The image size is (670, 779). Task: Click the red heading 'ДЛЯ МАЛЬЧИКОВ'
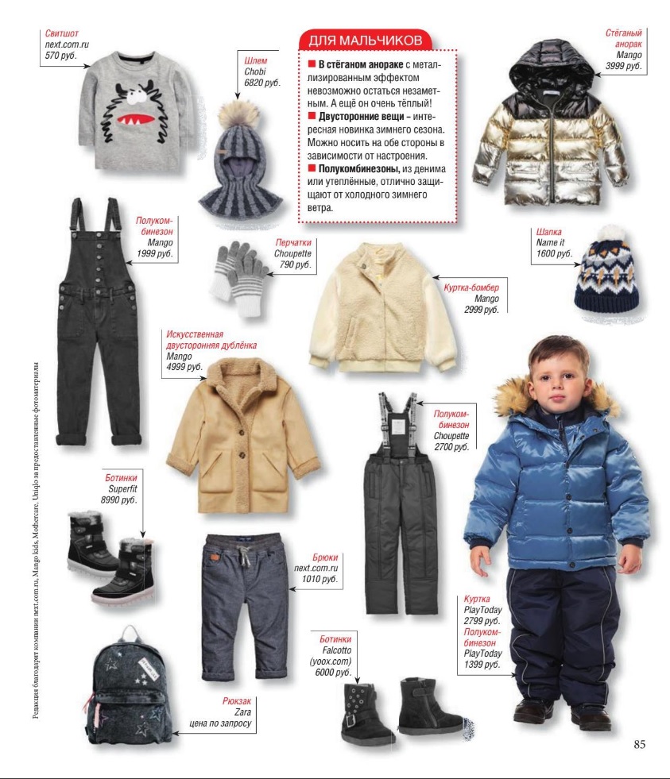click(365, 40)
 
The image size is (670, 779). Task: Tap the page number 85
click(642, 744)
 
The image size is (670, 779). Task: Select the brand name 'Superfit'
click(122, 489)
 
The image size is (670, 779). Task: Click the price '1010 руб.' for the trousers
click(320, 580)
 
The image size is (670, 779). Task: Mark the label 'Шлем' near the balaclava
click(259, 60)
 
